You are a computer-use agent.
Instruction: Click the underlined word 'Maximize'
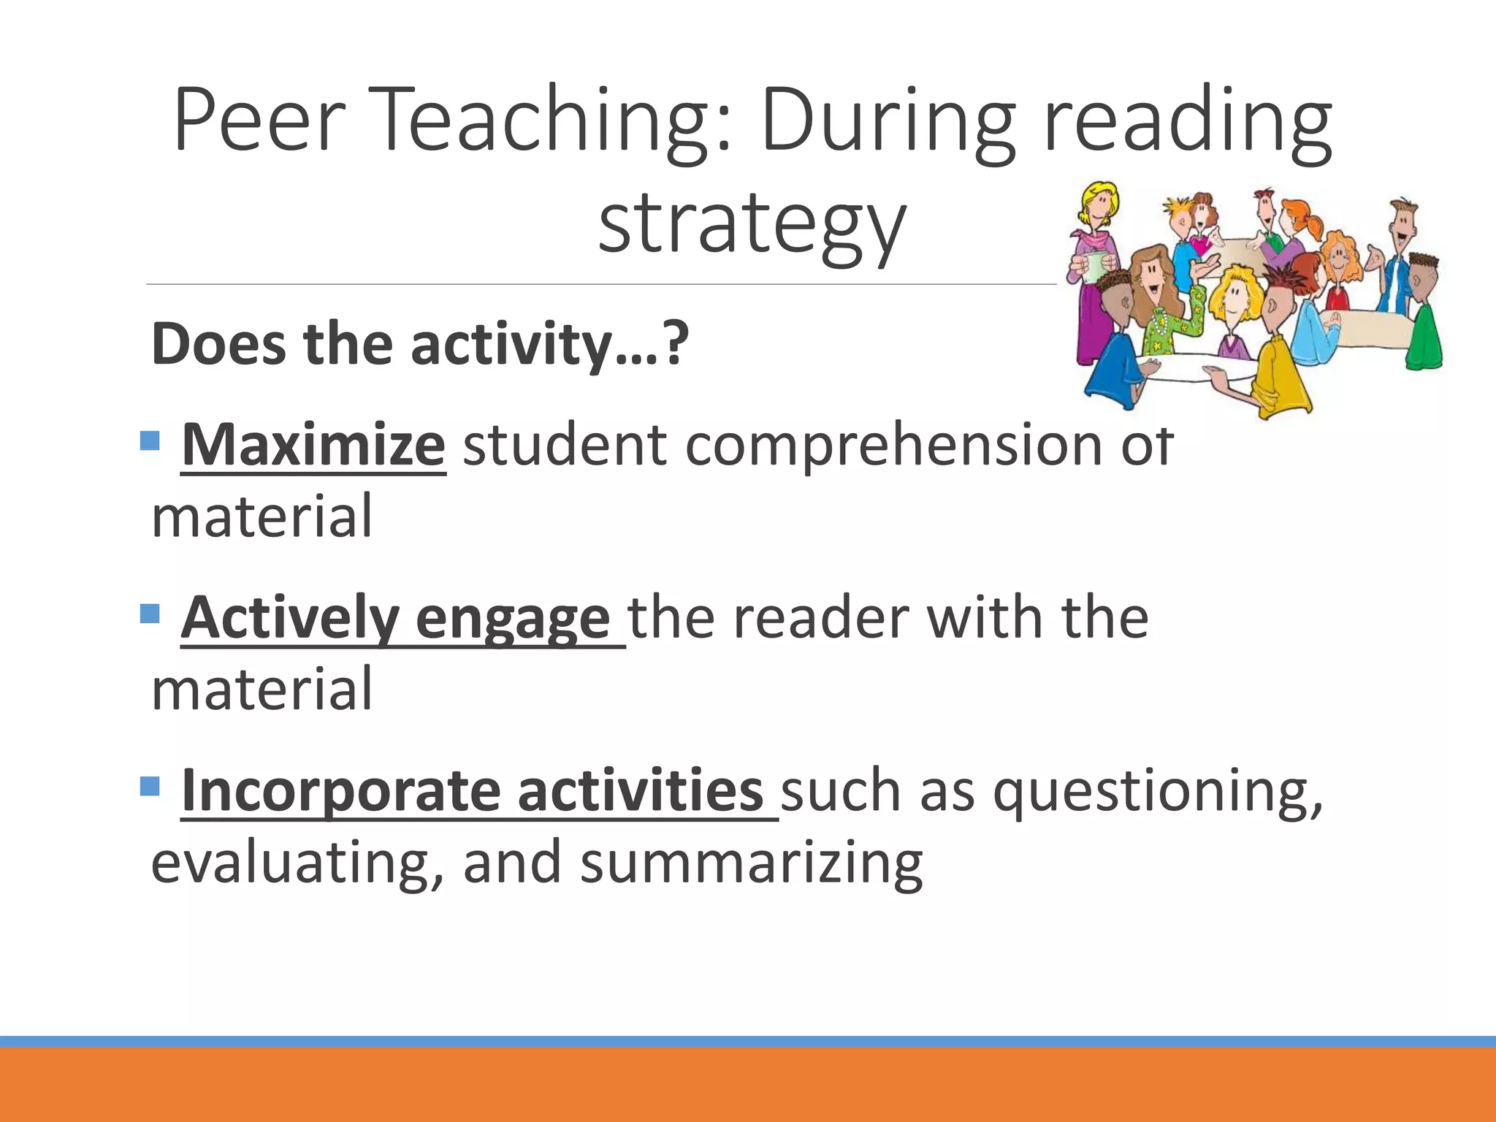[313, 445]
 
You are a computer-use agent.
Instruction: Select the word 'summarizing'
[752, 863]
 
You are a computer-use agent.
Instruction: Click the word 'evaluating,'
[297, 863]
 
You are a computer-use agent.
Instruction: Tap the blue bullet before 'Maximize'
[150, 440]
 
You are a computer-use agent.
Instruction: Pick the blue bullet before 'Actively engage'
[150, 613]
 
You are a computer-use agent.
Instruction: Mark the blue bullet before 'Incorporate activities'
[150, 786]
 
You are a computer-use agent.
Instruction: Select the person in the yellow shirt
[1278, 373]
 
